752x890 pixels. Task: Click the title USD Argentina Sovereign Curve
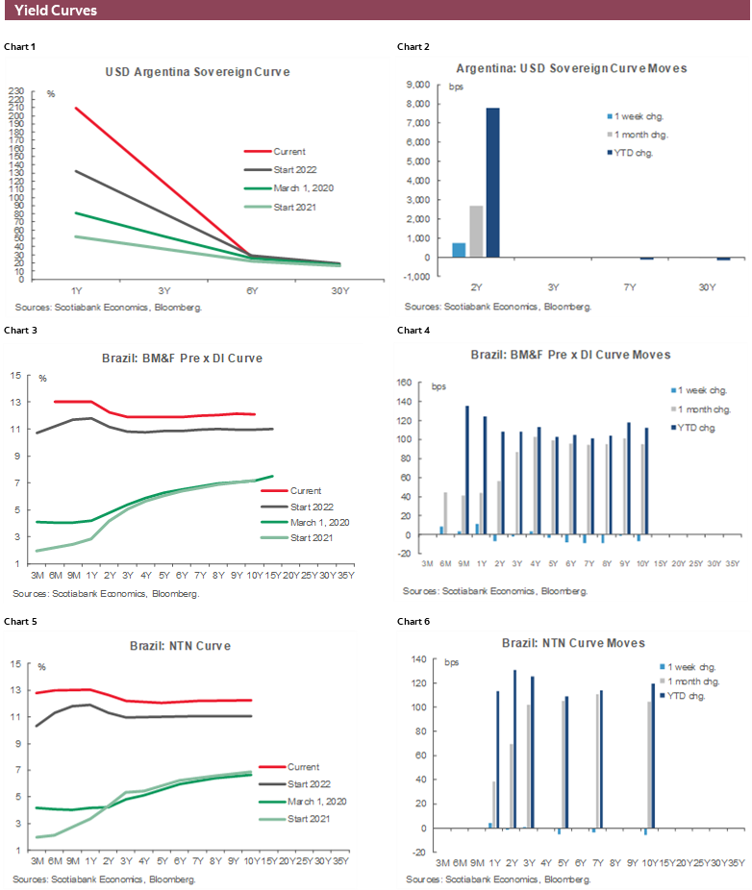coord(197,72)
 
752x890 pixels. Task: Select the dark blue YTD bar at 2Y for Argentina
coord(492,183)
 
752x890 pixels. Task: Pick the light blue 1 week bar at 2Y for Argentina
coord(460,250)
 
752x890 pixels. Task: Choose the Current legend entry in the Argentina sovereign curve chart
coord(288,151)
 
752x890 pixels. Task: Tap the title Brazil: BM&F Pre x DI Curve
coord(182,358)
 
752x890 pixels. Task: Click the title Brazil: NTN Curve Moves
coord(572,642)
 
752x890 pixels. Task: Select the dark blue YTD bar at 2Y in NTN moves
coord(514,749)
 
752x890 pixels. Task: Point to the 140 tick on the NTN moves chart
coord(417,659)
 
